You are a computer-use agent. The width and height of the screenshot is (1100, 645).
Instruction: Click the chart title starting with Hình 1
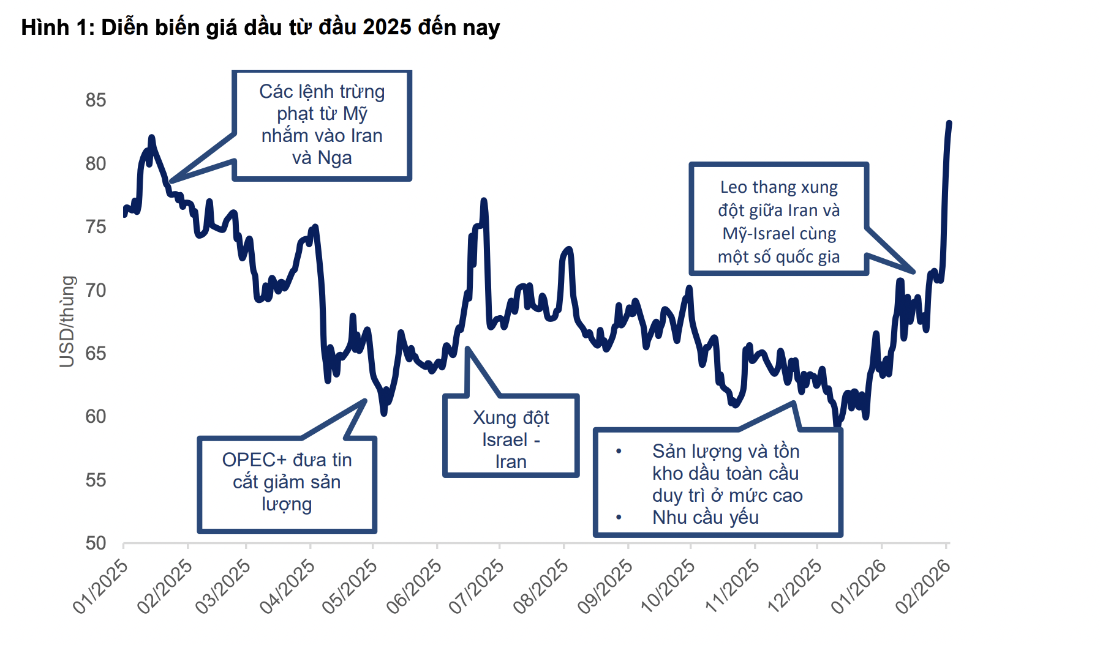coord(260,28)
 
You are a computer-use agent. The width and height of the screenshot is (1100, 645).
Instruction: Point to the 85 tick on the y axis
coord(96,100)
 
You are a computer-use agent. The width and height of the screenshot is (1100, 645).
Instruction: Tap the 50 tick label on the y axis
coord(96,543)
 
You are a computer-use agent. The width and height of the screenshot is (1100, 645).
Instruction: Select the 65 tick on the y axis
coord(96,353)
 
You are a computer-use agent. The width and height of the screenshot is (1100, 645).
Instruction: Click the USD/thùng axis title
coord(67,321)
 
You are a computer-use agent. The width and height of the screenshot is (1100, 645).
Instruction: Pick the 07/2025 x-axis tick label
coord(477,586)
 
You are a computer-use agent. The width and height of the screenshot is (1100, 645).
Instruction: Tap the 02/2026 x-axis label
coord(923,586)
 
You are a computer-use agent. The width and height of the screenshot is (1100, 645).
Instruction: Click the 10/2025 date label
coord(668,586)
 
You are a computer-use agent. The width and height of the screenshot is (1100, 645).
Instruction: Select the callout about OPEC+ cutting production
coord(287,485)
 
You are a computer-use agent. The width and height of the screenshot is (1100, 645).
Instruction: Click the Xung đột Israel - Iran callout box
coord(511,436)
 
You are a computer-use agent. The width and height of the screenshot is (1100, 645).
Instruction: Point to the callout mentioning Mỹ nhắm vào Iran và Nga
coord(322,125)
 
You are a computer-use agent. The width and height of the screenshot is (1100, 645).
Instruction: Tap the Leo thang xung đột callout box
coord(779,218)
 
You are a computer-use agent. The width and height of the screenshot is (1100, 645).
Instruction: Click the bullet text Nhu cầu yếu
coord(706,518)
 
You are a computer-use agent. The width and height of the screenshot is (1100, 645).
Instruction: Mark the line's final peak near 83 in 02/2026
coord(949,123)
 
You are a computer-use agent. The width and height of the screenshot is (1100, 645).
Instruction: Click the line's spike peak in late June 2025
coord(484,200)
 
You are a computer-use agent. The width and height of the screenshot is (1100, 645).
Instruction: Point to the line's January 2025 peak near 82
coord(151,138)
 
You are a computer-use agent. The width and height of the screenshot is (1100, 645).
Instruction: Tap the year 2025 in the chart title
coord(387,28)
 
